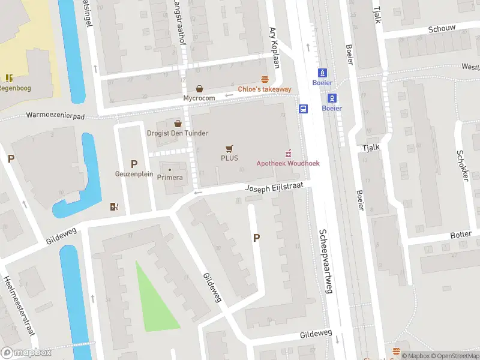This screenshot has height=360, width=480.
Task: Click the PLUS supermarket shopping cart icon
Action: click(x=229, y=148)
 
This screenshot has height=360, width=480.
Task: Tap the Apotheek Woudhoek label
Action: click(x=288, y=163)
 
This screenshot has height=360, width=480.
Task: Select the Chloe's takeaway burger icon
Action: click(x=264, y=80)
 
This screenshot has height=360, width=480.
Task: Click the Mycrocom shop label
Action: click(x=199, y=98)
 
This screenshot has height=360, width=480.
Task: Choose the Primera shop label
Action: click(x=169, y=178)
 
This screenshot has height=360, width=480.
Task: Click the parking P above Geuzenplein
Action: click(x=134, y=164)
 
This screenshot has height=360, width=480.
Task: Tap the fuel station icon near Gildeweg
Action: click(x=115, y=207)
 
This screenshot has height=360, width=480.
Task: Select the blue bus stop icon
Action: click(x=304, y=109)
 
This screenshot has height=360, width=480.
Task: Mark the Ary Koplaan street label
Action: click(x=275, y=47)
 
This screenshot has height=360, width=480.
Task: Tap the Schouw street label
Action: click(x=442, y=28)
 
